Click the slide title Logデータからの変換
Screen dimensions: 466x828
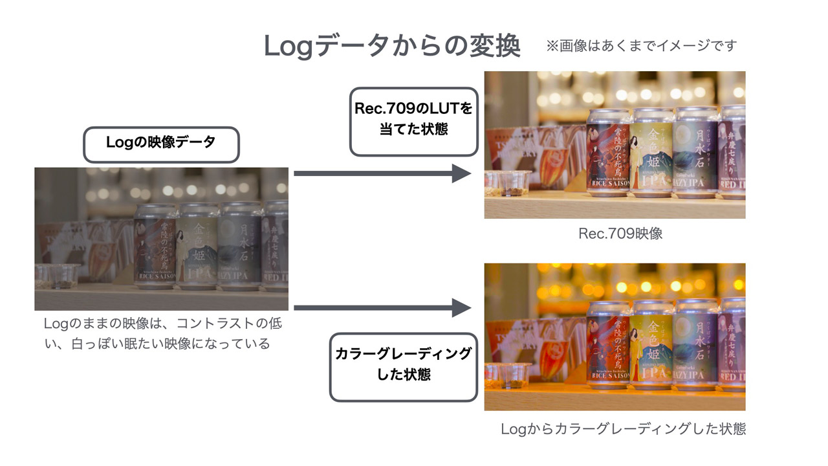pos(392,46)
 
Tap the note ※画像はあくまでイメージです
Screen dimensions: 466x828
pos(641,46)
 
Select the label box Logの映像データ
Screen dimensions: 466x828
pos(161,144)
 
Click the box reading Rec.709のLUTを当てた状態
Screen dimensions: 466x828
pos(413,121)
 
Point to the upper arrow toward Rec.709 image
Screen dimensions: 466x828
pos(382,173)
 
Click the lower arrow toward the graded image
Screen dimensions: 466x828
pos(382,308)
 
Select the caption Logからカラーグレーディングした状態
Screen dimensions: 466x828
pos(623,429)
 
